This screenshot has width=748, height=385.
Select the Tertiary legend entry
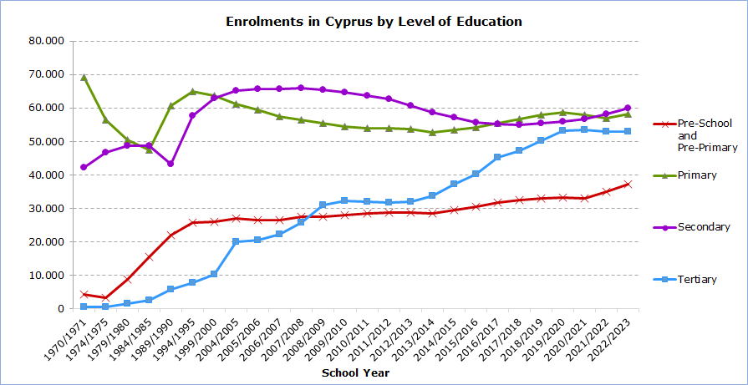[697, 279]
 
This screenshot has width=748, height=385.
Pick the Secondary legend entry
[701, 227]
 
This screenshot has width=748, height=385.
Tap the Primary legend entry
[697, 175]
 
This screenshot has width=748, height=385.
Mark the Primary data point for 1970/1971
[84, 78]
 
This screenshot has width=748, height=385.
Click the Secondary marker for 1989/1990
[170, 164]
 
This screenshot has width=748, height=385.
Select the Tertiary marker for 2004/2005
[236, 241]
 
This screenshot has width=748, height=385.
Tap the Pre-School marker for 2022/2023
[628, 184]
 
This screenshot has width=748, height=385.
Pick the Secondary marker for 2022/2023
[628, 108]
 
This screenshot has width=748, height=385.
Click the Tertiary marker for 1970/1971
[84, 306]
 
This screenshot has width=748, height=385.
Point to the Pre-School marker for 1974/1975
[105, 297]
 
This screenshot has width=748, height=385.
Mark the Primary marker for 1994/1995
[192, 92]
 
